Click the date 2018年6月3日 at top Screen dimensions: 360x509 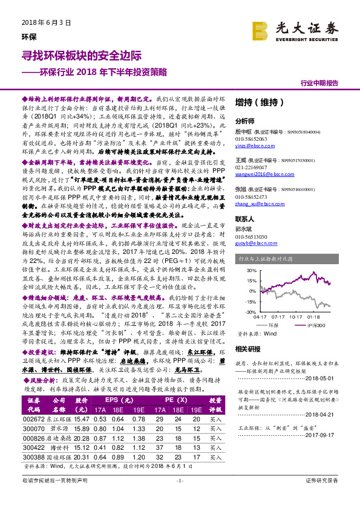pos(42,22)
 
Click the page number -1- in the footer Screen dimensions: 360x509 pos(180,496)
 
